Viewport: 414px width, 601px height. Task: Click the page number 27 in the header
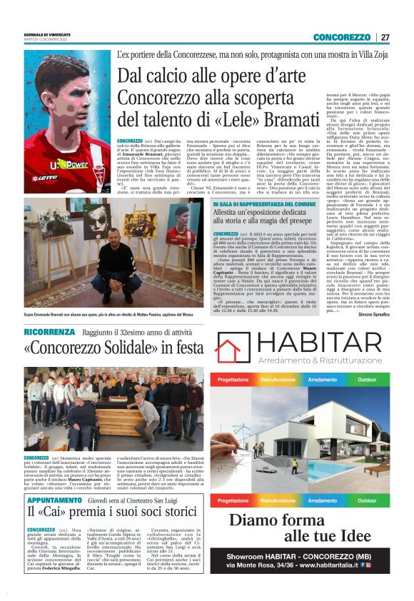click(x=385, y=37)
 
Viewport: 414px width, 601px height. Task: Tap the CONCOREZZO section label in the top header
click(x=341, y=37)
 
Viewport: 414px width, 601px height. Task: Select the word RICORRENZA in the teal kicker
click(x=48, y=332)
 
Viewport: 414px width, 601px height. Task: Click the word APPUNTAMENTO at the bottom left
click(x=55, y=500)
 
